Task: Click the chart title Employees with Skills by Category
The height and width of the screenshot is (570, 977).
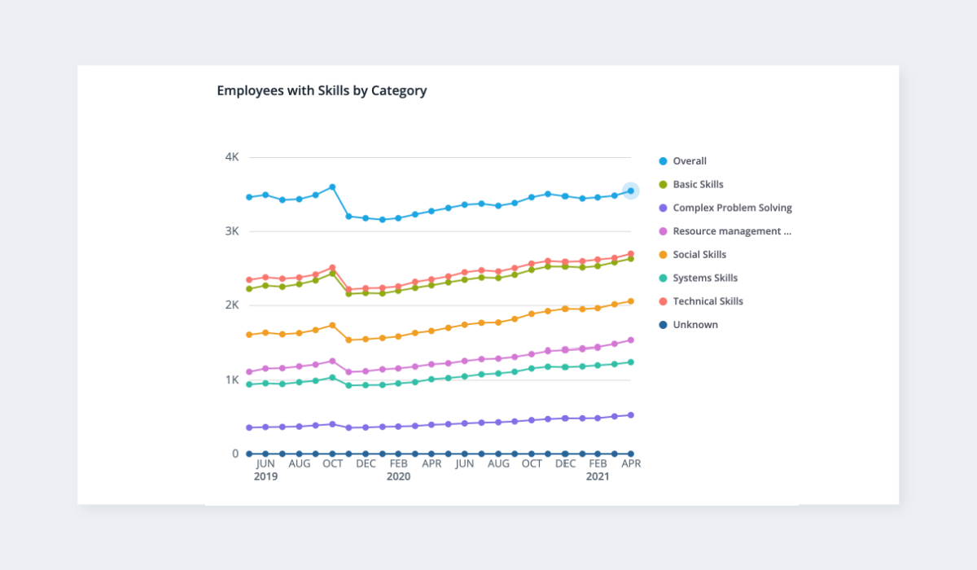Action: [322, 90]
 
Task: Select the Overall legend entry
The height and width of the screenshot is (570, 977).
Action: [689, 161]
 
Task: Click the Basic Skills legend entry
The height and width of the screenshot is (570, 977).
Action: [698, 185]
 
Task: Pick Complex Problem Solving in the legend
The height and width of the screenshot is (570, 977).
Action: [732, 208]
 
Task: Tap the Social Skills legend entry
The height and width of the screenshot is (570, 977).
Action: [699, 255]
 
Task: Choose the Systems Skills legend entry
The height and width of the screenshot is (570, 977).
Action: [704, 278]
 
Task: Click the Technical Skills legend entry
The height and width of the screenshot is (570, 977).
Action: [708, 301]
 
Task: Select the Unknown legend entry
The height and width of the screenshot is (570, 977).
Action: [694, 325]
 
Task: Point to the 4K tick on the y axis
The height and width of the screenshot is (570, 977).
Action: [232, 157]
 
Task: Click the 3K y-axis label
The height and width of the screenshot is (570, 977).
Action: [232, 231]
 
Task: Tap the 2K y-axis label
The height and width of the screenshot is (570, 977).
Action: [232, 305]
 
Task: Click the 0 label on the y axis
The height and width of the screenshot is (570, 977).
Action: [235, 454]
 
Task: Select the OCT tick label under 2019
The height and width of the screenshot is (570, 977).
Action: [332, 464]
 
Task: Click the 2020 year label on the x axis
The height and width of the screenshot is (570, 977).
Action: [398, 476]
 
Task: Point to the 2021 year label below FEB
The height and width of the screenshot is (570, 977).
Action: [598, 476]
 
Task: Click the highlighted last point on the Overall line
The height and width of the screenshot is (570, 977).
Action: [631, 191]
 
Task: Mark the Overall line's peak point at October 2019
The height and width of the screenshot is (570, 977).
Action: [332, 187]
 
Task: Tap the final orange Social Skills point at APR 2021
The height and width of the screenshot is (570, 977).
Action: [631, 301]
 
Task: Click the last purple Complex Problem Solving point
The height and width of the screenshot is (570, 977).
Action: [631, 415]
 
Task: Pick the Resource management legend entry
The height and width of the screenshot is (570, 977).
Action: [731, 231]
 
